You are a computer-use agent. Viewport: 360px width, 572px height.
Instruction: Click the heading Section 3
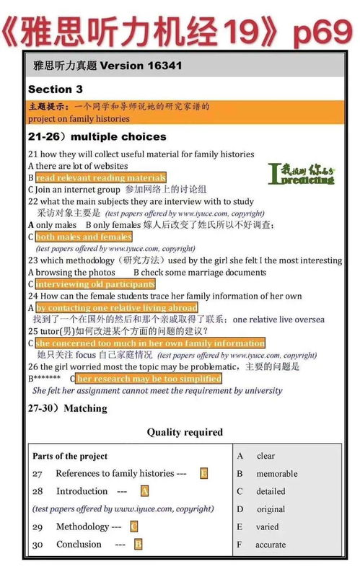pyautogui.click(x=55, y=89)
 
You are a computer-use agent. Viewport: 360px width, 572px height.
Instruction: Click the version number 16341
pyautogui.click(x=159, y=66)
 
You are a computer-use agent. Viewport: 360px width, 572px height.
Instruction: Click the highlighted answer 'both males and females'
pyautogui.click(x=84, y=237)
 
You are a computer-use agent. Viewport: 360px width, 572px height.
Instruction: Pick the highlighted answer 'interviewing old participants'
pyautogui.click(x=95, y=284)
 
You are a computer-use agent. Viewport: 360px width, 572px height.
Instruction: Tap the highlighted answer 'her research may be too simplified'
pyautogui.click(x=149, y=378)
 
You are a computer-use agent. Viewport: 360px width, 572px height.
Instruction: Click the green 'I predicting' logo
pyautogui.click(x=301, y=173)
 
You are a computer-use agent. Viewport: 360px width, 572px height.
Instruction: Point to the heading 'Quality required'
pyautogui.click(x=185, y=432)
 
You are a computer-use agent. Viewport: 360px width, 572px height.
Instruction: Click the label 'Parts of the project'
pyautogui.click(x=70, y=456)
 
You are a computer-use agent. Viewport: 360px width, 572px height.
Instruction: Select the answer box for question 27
pyautogui.click(x=204, y=473)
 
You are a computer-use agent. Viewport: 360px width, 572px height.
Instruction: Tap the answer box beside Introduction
pyautogui.click(x=144, y=491)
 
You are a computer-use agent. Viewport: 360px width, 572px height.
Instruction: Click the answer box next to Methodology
pyautogui.click(x=134, y=527)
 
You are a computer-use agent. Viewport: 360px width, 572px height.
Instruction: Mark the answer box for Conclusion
pyautogui.click(x=138, y=545)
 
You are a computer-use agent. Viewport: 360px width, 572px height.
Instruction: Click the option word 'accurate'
pyautogui.click(x=271, y=545)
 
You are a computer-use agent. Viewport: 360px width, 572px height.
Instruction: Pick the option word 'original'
pyautogui.click(x=271, y=509)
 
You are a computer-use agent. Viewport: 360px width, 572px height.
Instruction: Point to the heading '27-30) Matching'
pyautogui.click(x=67, y=408)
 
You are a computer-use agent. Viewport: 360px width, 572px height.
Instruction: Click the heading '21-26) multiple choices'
pyautogui.click(x=97, y=136)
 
